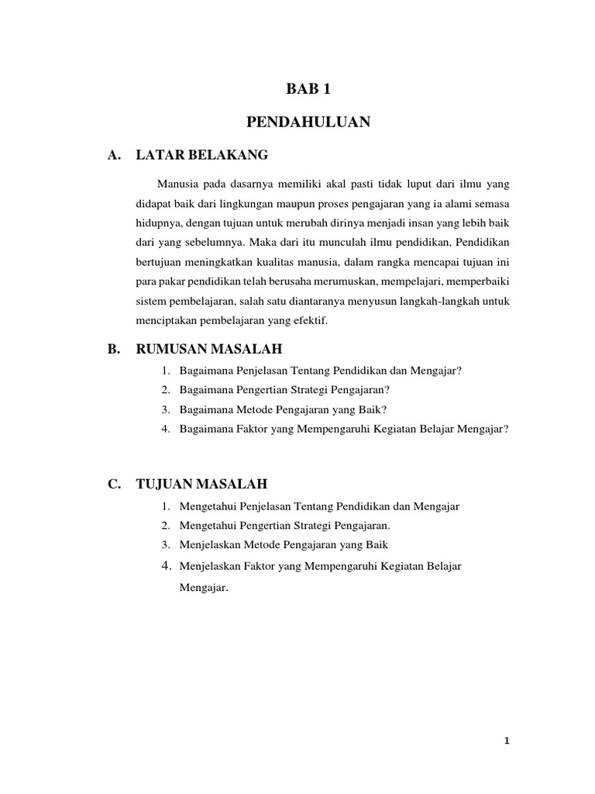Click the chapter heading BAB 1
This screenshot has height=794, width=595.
click(x=308, y=89)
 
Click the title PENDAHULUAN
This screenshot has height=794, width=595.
click(x=308, y=122)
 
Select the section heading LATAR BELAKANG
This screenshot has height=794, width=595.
click(x=201, y=155)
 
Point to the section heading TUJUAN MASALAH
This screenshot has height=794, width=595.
click(x=201, y=484)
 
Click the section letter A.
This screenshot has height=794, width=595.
click(x=115, y=155)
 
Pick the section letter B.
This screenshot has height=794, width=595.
click(x=115, y=350)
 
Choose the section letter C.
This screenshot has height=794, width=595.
click(x=115, y=484)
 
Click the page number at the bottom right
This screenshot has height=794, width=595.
click(x=506, y=740)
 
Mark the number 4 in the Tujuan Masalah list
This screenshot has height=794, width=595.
click(x=166, y=566)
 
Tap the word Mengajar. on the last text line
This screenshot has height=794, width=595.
click(x=204, y=588)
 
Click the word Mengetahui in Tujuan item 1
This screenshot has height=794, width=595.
click(x=207, y=506)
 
